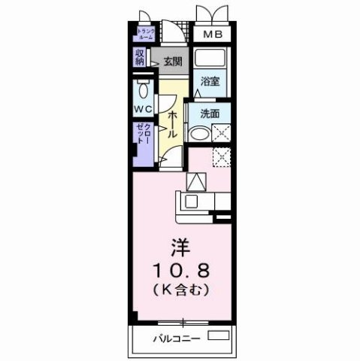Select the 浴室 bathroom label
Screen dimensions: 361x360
pos(210,83)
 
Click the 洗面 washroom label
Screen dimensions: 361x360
pos(210,114)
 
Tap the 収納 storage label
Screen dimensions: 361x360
pos(141,57)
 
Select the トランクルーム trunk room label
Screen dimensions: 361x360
pos(145,34)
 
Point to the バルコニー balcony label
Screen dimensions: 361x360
pos(180,338)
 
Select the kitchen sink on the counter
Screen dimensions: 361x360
pos(191,202)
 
